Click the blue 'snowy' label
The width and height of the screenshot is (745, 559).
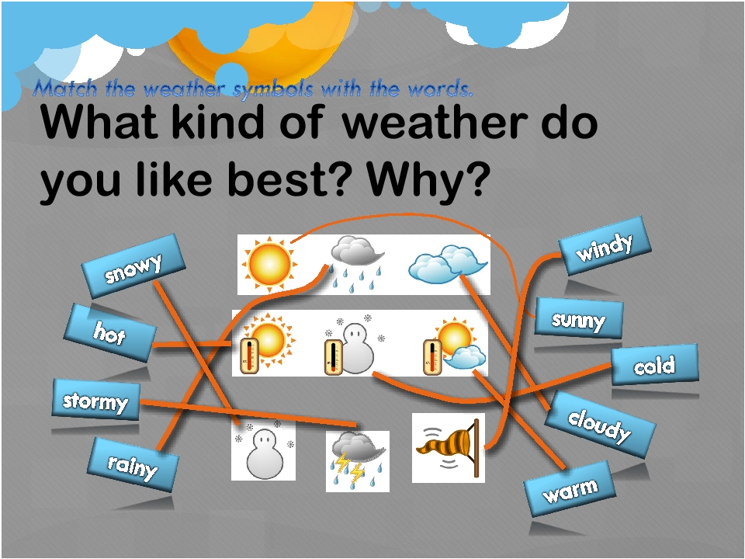pos(133,266)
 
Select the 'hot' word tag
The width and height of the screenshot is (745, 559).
pos(110,333)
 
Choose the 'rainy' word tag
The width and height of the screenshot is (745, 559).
pos(133,465)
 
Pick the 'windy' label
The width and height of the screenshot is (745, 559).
pos(605,246)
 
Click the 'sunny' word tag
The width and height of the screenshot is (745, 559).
pos(578,318)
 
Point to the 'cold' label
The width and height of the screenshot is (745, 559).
pos(654,365)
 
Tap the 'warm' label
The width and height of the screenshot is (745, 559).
pos(569,489)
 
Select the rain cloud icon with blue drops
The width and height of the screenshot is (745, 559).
pos(356,264)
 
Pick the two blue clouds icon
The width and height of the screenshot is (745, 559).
pos(448,264)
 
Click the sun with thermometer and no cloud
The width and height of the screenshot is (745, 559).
pos(267,343)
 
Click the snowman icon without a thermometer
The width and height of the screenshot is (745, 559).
pos(264,450)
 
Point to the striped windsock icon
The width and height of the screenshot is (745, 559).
pos(449,448)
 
